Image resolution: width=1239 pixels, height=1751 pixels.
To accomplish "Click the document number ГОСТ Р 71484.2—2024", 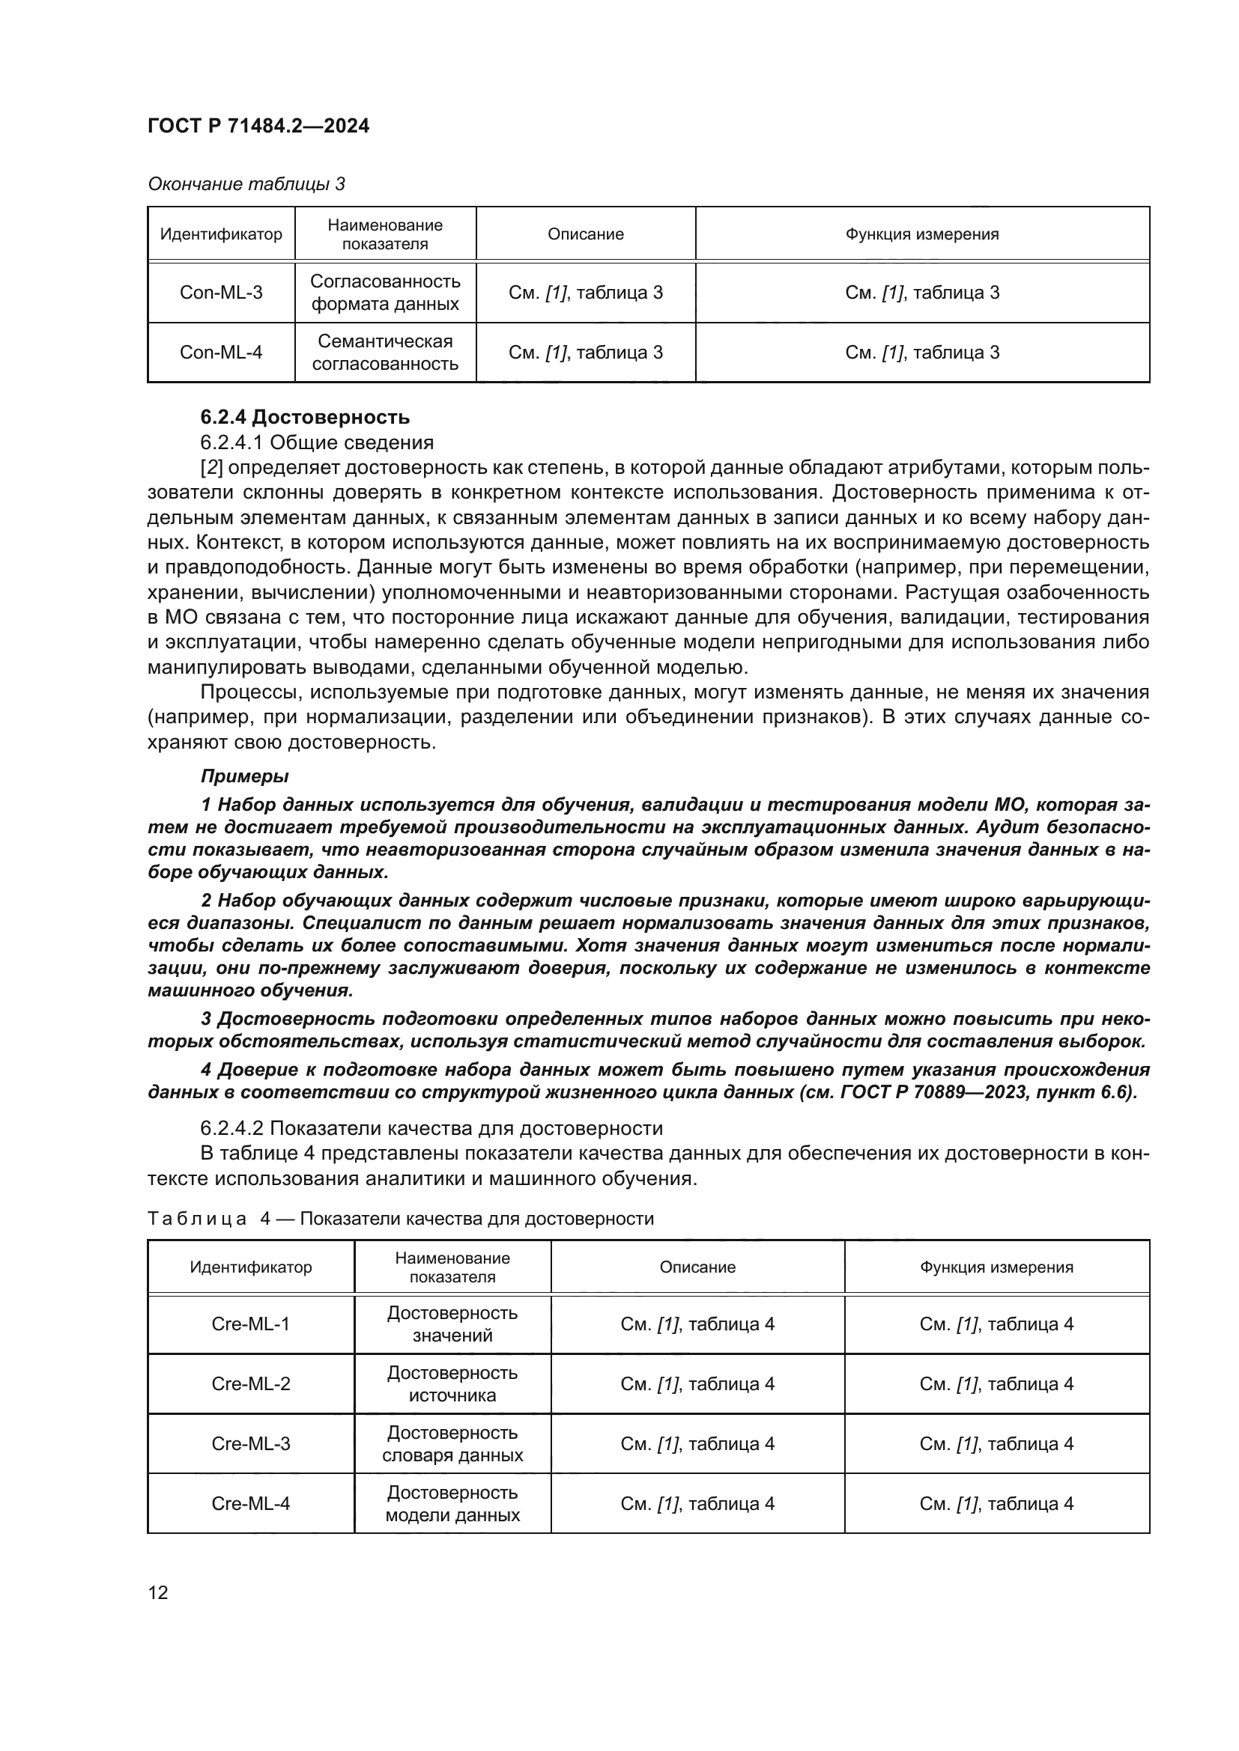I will pos(258,126).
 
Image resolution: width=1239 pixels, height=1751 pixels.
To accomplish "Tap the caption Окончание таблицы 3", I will pos(246,184).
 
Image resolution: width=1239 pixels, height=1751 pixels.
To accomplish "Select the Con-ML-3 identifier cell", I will pos(220,292).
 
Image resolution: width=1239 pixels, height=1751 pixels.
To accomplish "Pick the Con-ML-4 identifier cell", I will pos(220,352).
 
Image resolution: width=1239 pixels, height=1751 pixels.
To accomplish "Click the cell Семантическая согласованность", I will pos(384,352).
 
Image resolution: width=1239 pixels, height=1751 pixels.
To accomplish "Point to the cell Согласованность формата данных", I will pos(384,292).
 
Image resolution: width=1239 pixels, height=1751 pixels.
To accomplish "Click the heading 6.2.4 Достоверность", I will pos(304,417).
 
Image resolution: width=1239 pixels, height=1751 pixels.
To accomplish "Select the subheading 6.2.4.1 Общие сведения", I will pos(317,442).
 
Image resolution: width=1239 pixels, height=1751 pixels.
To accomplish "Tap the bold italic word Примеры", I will pos(244,776).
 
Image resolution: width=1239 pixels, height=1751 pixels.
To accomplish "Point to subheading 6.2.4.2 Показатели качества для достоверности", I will pos(431,1128).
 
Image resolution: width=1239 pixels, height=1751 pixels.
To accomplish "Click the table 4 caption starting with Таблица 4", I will pos(401,1219).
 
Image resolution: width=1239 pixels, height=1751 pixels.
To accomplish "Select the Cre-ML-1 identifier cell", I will pos(250,1324).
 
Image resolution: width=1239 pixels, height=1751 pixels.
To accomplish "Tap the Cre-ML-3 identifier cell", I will pos(250,1443).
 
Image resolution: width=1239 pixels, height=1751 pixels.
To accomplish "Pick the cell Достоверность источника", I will pos(452,1383).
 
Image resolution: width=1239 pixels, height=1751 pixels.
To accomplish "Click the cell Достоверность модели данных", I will pos(452,1503).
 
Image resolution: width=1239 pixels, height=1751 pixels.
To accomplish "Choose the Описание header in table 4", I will pos(697,1267).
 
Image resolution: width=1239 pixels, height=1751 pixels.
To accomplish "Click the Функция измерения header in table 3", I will pos(921,234).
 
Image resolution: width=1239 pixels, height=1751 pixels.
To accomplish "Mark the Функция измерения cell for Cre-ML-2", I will pos(996,1383).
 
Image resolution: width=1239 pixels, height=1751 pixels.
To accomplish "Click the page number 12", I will pos(158,1592).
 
